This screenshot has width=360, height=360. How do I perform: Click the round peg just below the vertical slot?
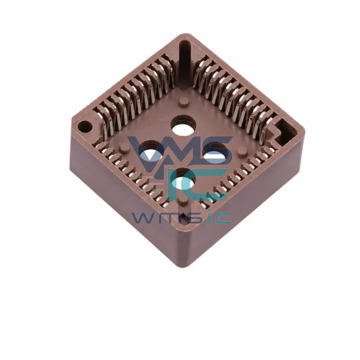[x=184, y=102]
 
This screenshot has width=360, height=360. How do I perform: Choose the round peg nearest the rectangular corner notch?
[x=242, y=151]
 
